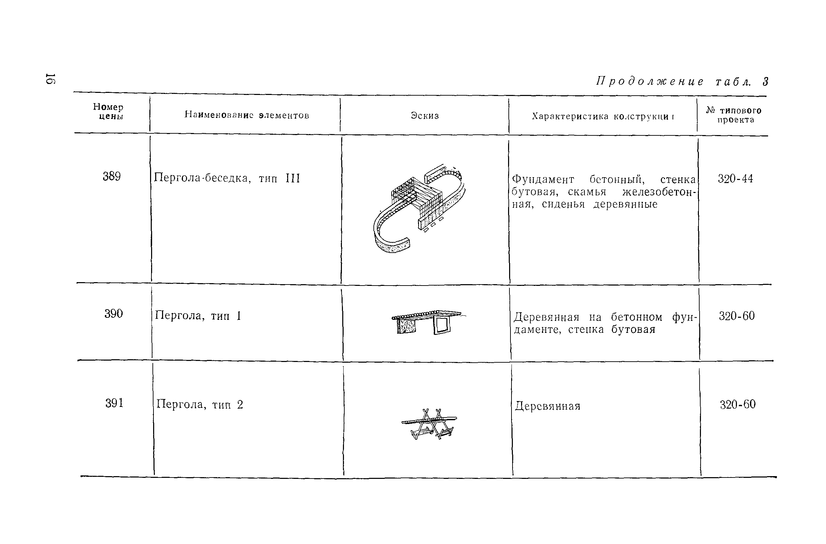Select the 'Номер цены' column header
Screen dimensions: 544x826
pyautogui.click(x=108, y=112)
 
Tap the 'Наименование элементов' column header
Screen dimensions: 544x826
pyautogui.click(x=246, y=115)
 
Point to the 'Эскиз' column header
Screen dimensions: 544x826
pyautogui.click(x=425, y=116)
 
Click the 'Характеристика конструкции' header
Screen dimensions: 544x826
pyautogui.click(x=603, y=116)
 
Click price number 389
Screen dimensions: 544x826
pyautogui.click(x=111, y=177)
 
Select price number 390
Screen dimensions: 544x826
pyautogui.click(x=113, y=314)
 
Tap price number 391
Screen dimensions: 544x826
pyautogui.click(x=114, y=403)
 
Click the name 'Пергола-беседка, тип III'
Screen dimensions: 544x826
pyautogui.click(x=227, y=178)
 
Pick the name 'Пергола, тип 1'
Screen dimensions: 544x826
pyautogui.click(x=198, y=316)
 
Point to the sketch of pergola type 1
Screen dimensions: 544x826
pyautogui.click(x=428, y=322)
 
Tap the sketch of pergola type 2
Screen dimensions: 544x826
pyautogui.click(x=430, y=424)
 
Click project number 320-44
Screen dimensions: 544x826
pyautogui.click(x=736, y=179)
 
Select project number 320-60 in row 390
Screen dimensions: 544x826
pyautogui.click(x=737, y=316)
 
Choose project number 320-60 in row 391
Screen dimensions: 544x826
pyautogui.click(x=738, y=404)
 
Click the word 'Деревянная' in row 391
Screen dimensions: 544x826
pyautogui.click(x=547, y=406)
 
